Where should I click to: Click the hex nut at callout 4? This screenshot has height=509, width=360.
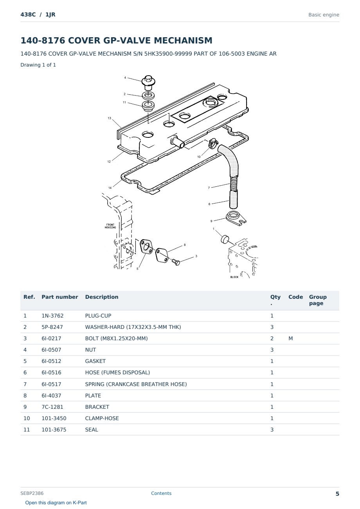pos(148,83)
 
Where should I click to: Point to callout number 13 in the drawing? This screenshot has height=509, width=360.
pos(110,118)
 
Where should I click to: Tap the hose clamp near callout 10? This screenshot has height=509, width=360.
pos(213,143)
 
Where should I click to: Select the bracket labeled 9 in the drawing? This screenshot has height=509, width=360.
pos(236,218)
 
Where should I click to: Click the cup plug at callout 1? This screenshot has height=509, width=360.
pos(225,239)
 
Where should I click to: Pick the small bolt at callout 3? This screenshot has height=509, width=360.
pos(176,262)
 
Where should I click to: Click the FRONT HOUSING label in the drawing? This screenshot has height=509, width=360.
pos(110,226)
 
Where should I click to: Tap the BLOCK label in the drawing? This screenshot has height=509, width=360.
pos(234,277)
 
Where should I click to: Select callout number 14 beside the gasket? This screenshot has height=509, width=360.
pos(110,188)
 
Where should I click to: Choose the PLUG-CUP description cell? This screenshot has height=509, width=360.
pos(98,316)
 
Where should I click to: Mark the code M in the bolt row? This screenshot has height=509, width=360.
pos(290,338)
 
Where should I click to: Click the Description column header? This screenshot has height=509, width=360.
pos(102,297)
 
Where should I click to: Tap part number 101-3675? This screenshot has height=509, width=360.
pos(54,430)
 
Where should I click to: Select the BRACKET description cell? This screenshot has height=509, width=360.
pos(97,407)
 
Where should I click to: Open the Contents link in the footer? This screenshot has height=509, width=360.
pos(161,493)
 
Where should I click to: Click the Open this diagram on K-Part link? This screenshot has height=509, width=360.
pos(56,502)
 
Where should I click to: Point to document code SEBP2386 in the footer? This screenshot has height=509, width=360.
pos(32,493)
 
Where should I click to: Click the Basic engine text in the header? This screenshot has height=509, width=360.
pos(324,15)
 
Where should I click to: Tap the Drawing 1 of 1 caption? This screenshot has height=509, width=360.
pos(38,65)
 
